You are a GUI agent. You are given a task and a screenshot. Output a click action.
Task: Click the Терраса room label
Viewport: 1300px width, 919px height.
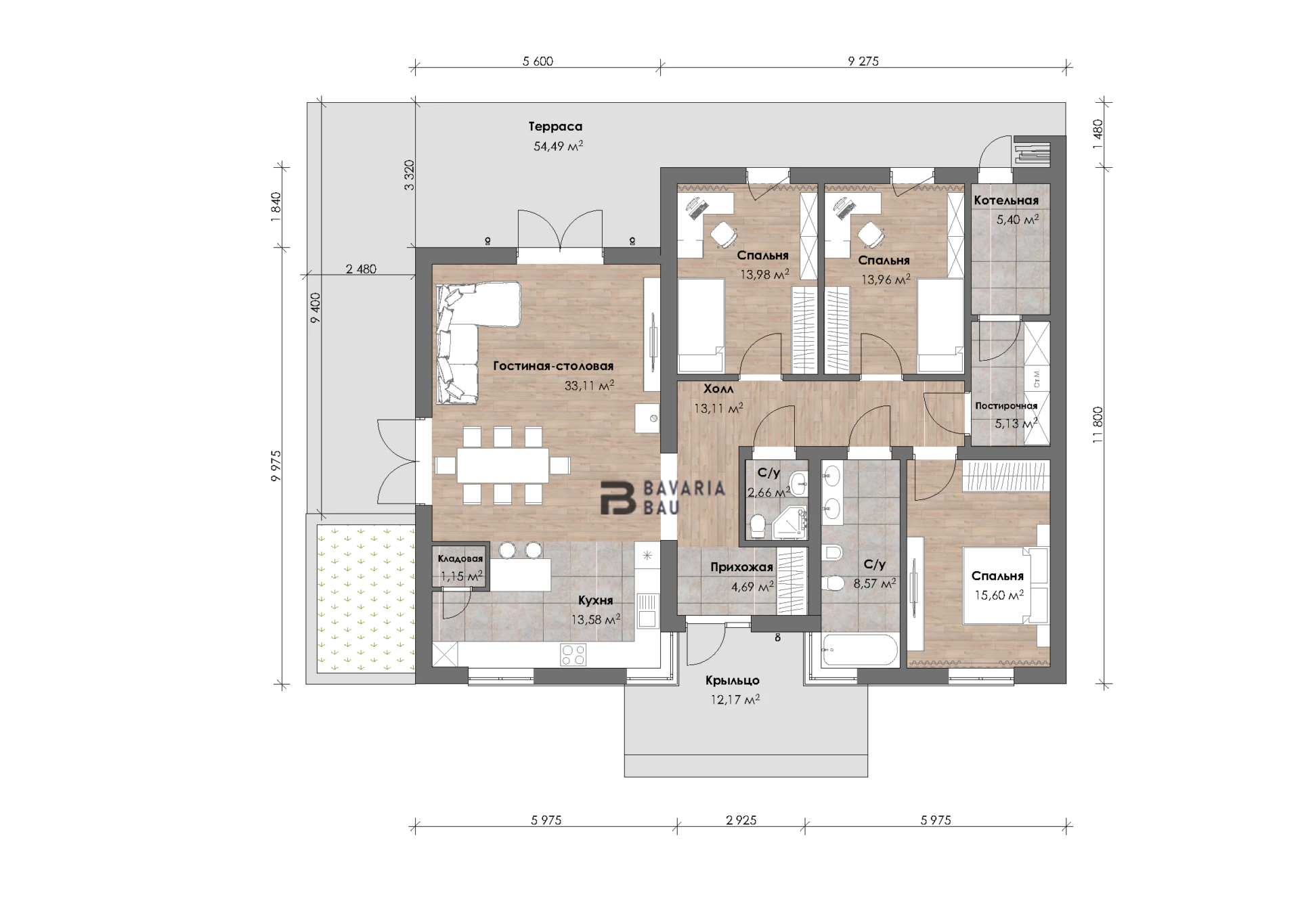555,127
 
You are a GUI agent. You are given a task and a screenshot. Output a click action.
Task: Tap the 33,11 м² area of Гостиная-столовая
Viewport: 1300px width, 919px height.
589,386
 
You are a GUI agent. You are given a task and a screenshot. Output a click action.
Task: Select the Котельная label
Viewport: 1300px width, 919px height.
1006,200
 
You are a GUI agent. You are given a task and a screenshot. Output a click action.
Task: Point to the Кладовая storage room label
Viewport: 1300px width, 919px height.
460,558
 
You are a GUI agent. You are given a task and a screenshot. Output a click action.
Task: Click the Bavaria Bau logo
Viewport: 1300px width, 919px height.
663,498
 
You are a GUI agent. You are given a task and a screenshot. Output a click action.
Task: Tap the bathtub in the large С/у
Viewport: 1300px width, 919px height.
859,651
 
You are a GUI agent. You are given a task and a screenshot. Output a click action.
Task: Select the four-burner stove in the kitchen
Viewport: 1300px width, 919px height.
573,654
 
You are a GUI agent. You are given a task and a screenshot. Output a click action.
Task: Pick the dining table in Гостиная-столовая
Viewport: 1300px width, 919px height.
502,465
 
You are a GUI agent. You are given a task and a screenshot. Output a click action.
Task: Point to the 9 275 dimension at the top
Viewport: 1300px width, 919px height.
863,61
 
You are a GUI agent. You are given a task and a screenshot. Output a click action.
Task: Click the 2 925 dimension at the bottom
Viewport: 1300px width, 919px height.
741,820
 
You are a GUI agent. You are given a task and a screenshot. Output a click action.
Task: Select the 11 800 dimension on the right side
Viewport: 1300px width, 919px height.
1098,424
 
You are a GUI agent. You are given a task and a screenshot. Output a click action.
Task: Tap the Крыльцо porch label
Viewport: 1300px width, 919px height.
733,680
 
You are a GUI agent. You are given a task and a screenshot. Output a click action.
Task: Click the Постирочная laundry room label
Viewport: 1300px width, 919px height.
1006,406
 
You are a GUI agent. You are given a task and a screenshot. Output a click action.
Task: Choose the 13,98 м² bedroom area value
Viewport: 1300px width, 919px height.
764,275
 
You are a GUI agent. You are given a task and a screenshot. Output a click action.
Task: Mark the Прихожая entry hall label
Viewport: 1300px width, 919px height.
741,567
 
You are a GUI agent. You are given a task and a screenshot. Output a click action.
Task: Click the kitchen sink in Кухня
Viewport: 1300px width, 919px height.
647,610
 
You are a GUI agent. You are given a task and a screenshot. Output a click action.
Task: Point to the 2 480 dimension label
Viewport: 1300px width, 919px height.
361,269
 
